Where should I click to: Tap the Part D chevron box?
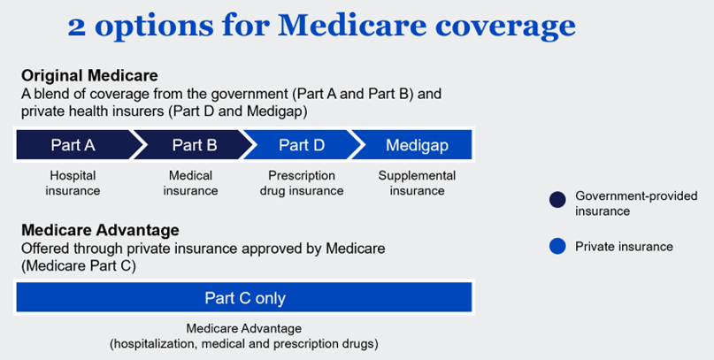(x=301, y=145)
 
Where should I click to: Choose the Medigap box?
(x=416, y=145)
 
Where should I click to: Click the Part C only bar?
(x=244, y=298)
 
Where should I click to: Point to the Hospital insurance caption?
(x=73, y=183)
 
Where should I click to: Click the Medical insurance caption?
(x=190, y=183)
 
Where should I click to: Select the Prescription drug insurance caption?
(x=302, y=183)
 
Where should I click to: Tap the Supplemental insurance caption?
(x=417, y=183)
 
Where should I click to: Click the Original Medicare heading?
(x=89, y=75)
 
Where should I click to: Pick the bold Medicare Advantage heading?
(x=100, y=231)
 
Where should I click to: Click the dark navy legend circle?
(x=557, y=200)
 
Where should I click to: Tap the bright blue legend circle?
(x=557, y=247)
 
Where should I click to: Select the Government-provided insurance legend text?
(x=636, y=203)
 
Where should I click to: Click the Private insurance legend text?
(x=624, y=247)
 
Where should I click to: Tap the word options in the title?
(x=152, y=27)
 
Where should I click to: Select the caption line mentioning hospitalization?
(x=243, y=342)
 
